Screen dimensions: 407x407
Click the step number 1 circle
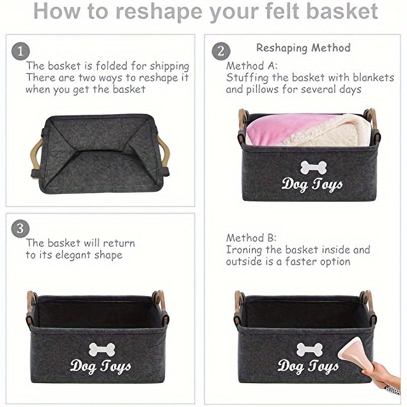(x=20, y=51)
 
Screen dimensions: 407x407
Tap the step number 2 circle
(x=220, y=51)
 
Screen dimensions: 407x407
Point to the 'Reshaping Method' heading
(x=303, y=48)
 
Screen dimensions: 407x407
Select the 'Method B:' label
(x=251, y=238)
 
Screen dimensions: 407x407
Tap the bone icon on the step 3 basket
(x=101, y=349)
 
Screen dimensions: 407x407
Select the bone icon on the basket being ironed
(x=309, y=349)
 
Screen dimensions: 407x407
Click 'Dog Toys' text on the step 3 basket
(x=100, y=366)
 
